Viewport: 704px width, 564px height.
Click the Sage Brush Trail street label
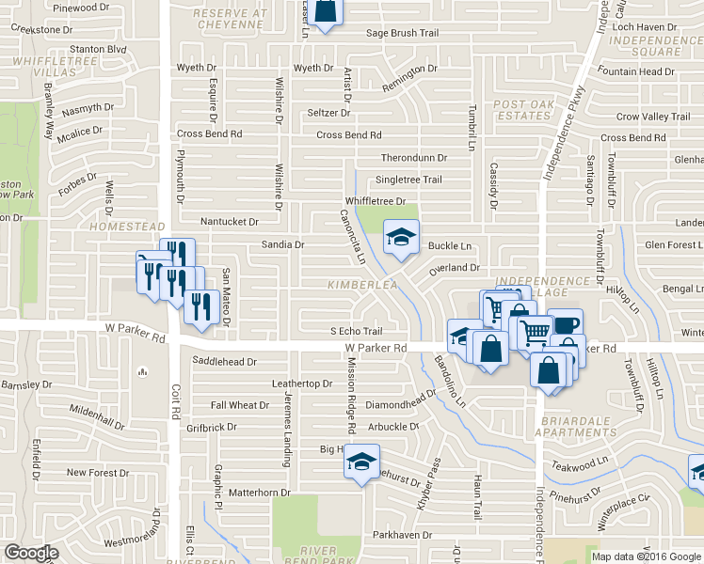(x=403, y=33)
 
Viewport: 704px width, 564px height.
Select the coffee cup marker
(x=566, y=325)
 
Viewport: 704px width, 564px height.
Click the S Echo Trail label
(x=356, y=332)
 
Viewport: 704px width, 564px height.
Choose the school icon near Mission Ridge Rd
(x=360, y=462)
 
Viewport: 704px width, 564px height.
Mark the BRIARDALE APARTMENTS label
(x=574, y=426)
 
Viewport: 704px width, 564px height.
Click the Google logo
(x=31, y=553)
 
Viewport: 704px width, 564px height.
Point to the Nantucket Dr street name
(x=229, y=222)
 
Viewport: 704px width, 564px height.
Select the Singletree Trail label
(x=408, y=180)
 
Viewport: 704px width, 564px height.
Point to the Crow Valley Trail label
(x=653, y=117)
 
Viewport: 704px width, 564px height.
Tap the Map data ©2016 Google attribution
(x=646, y=556)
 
